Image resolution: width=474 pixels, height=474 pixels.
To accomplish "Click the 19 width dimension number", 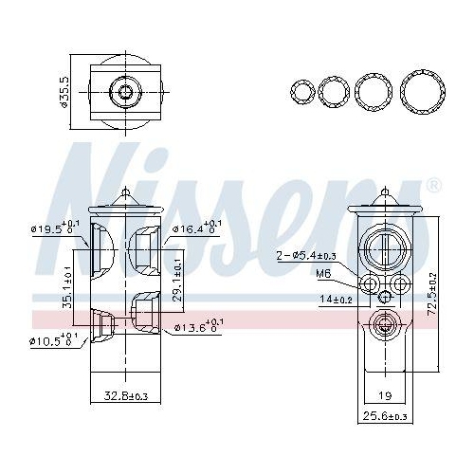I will (383, 395).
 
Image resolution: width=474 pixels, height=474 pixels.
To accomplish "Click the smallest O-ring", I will (302, 91).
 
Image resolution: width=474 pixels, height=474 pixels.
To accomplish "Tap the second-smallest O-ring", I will (334, 92).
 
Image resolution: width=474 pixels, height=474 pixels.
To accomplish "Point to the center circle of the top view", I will (126, 92).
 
